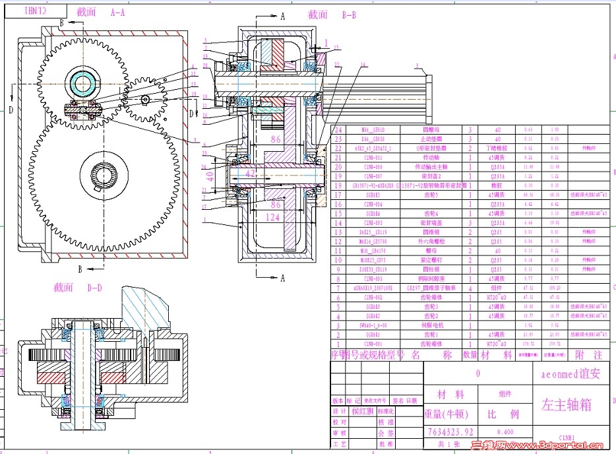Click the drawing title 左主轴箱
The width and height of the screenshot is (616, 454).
tap(566, 404)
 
